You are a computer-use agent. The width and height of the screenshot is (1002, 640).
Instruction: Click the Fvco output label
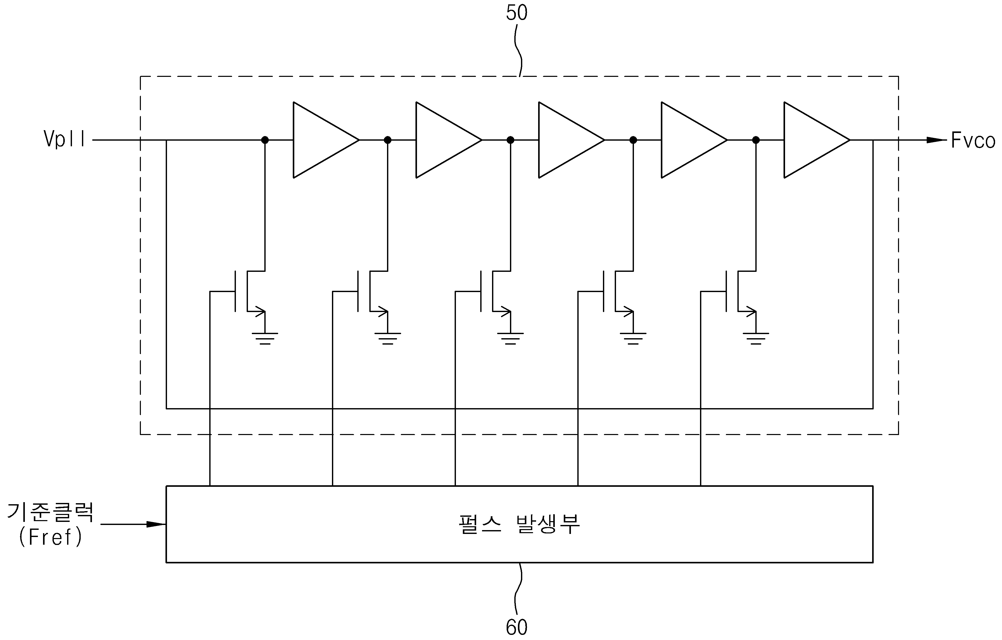point(973,141)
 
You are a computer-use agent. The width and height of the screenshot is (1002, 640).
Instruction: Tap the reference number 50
point(516,13)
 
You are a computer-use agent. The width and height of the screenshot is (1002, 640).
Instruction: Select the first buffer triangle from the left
point(326,140)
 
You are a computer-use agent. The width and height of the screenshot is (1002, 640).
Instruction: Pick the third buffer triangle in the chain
point(571,140)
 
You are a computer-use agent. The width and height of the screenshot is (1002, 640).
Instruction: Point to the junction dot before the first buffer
point(265,140)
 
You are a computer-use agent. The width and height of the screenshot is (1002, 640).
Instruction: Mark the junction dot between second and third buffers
point(510,140)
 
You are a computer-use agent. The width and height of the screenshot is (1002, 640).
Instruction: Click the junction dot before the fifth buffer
point(756,140)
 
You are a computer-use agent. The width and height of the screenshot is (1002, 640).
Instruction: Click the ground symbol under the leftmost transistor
point(265,338)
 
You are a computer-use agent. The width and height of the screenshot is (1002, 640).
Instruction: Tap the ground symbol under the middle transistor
point(510,338)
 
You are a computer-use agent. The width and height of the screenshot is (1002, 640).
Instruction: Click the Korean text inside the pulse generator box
point(519,524)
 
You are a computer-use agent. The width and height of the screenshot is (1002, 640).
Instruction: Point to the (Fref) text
point(51,537)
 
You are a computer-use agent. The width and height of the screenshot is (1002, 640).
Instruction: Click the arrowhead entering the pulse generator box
point(156,524)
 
